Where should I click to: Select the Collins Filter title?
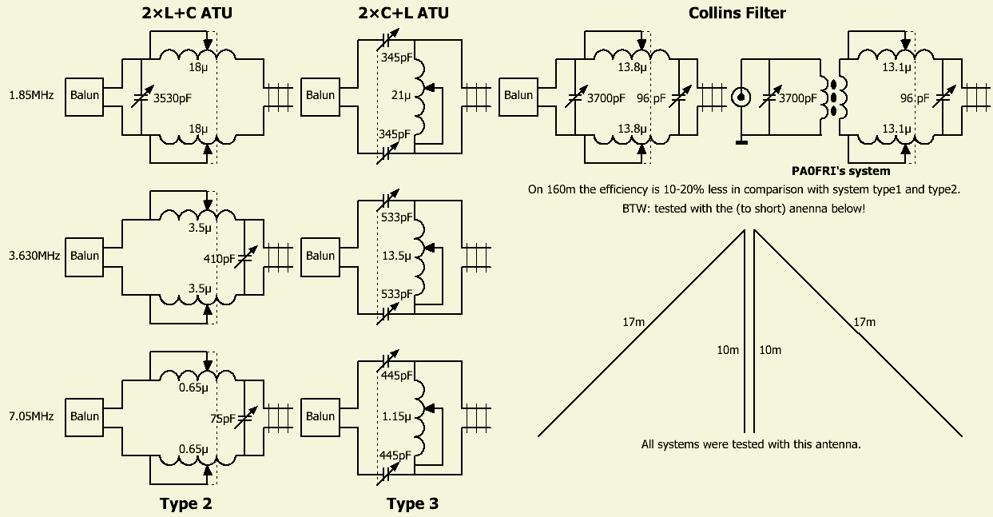click(737, 13)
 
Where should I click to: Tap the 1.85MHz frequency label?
click(31, 96)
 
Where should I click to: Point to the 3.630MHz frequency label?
click(31, 256)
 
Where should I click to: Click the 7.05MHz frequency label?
click(31, 416)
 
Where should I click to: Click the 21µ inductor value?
click(400, 96)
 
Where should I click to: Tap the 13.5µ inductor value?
click(397, 257)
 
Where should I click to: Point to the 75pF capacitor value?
click(223, 418)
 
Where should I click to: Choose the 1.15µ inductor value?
click(397, 416)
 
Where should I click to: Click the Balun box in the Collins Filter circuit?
click(518, 96)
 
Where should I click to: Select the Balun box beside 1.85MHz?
click(85, 96)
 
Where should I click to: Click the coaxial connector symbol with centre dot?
click(741, 97)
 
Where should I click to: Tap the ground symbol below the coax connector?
click(741, 142)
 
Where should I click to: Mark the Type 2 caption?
click(185, 503)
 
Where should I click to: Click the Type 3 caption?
click(412, 503)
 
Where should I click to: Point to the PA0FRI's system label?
click(840, 170)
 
